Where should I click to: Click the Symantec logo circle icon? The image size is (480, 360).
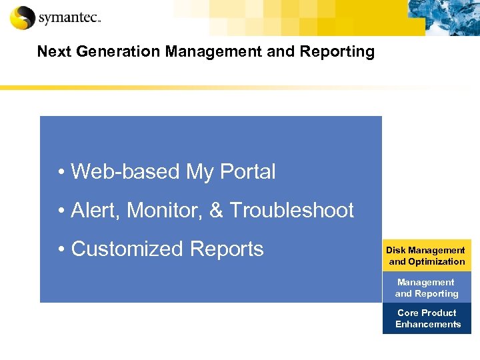[x=22, y=17]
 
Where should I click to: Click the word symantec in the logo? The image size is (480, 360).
[x=68, y=19]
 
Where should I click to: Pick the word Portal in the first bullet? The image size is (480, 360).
[x=247, y=172]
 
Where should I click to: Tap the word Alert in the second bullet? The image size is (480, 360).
[x=95, y=211]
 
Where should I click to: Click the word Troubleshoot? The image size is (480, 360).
[x=291, y=211]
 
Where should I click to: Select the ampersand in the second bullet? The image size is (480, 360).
[x=216, y=211]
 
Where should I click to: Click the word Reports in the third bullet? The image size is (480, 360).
[x=227, y=249]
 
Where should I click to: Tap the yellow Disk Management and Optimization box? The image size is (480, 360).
[x=427, y=255]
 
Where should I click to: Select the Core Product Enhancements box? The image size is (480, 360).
[x=427, y=318]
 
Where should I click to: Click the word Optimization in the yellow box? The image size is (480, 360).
[x=436, y=261]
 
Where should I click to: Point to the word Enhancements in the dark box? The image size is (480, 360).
[x=428, y=325]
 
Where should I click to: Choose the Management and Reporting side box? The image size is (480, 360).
[x=427, y=287]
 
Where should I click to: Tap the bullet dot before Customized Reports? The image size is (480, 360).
[x=61, y=250]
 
